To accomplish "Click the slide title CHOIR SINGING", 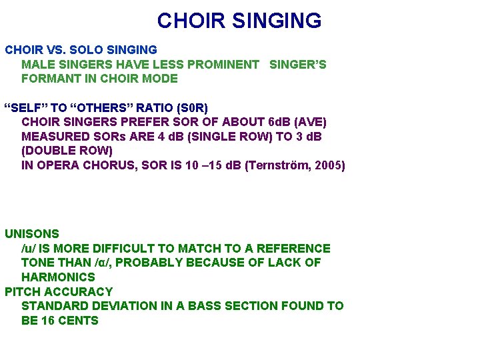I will pos(239,21).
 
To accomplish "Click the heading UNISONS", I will pos(32,234).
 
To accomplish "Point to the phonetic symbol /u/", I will pos(29,249).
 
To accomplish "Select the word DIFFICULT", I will pos(117,249).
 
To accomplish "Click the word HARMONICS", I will pos(58,277).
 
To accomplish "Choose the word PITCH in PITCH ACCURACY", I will pos(23,291).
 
